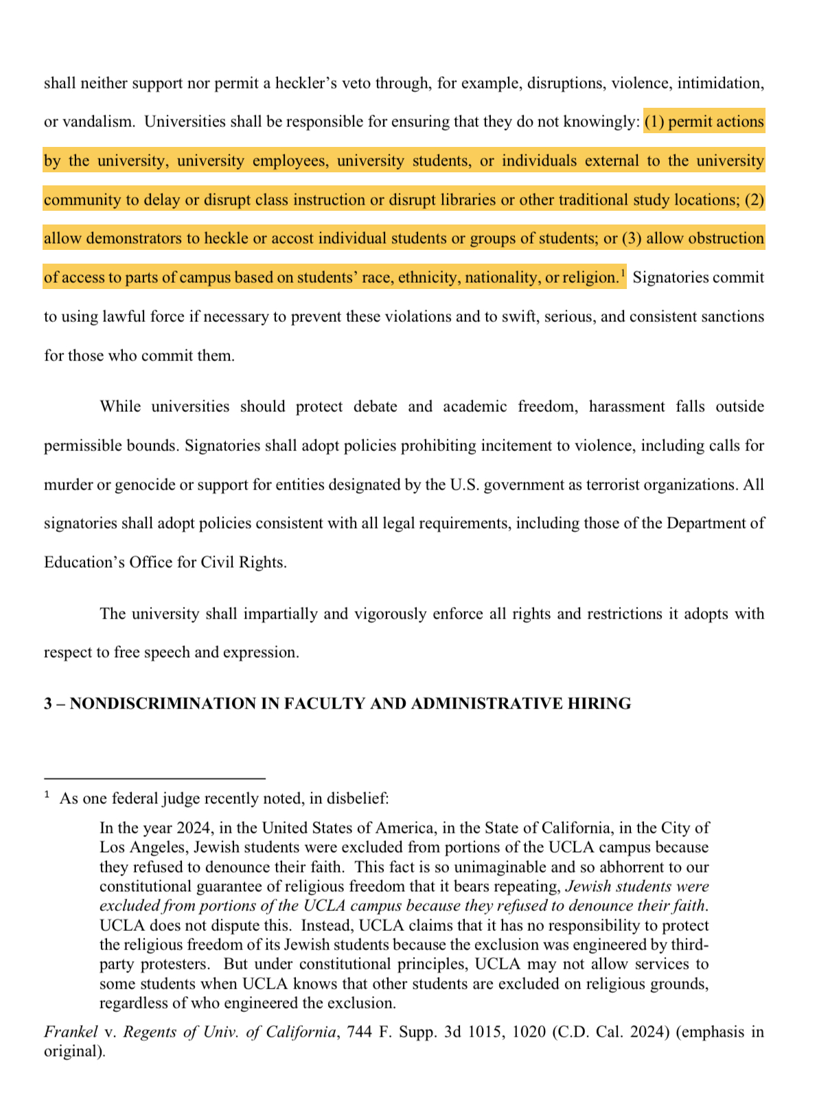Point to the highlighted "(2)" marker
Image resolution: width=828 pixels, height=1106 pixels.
coord(754,200)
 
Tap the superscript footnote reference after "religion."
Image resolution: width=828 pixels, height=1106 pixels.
coord(623,273)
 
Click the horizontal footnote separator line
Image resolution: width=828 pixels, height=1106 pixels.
coord(154,779)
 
